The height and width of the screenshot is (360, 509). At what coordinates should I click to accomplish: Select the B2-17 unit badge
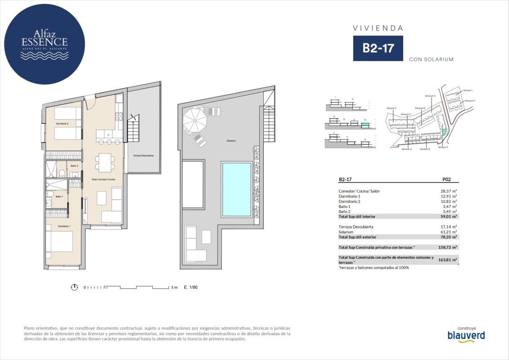click(378, 49)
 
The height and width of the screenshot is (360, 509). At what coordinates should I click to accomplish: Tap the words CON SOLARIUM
click(431, 59)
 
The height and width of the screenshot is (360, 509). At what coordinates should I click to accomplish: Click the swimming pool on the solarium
click(236, 189)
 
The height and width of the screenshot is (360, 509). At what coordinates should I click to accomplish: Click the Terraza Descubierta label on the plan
click(143, 155)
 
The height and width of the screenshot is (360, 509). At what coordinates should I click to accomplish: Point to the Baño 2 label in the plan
click(74, 166)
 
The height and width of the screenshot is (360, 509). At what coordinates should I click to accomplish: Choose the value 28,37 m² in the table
click(448, 191)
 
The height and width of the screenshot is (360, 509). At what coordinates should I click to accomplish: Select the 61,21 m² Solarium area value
click(448, 232)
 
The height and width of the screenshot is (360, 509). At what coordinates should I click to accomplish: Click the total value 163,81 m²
click(447, 260)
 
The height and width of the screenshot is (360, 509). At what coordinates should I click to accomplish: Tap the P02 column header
click(446, 179)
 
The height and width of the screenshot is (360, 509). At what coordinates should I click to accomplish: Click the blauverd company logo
click(466, 335)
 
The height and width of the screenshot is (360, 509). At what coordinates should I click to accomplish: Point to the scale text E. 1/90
click(191, 287)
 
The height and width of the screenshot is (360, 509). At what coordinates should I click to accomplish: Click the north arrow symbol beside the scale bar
click(75, 287)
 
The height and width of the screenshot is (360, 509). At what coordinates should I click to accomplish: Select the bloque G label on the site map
click(431, 96)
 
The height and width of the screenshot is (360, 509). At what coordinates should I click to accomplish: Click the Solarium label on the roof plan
click(231, 141)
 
